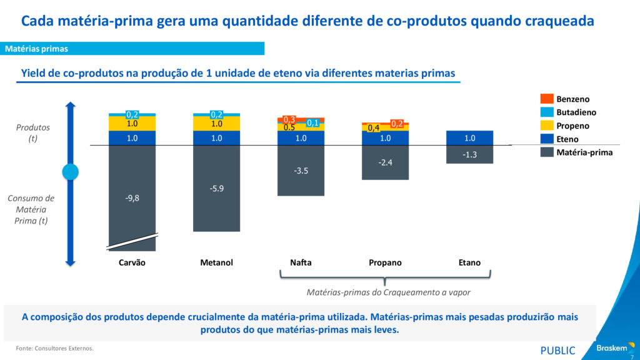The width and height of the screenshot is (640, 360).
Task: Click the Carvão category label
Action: click(132, 262)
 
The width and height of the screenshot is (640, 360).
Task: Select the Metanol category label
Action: click(216, 262)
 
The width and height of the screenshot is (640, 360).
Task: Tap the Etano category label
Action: click(469, 262)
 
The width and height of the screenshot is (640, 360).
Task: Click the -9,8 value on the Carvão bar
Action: click(132, 198)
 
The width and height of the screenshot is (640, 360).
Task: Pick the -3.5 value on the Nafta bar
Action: click(301, 170)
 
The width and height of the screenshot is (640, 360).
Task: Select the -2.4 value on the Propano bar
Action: click(385, 162)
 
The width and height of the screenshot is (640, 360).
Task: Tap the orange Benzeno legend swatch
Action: click(546, 99)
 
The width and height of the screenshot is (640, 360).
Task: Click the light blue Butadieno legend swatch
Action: click(546, 112)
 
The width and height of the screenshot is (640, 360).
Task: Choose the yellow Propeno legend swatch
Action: click(546, 126)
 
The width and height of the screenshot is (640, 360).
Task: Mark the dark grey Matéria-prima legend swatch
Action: click(546, 152)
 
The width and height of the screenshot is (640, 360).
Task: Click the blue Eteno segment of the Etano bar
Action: click(469, 138)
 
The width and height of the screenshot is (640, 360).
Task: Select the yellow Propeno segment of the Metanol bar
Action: click(216, 124)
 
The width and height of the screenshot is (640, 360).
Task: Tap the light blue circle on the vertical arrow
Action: click(71, 171)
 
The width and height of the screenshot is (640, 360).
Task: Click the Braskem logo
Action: click(613, 348)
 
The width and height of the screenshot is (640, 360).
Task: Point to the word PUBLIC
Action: click(557, 350)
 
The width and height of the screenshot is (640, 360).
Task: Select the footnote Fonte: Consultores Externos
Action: click(55, 348)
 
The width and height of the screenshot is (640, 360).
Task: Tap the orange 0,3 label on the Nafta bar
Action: click(289, 119)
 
